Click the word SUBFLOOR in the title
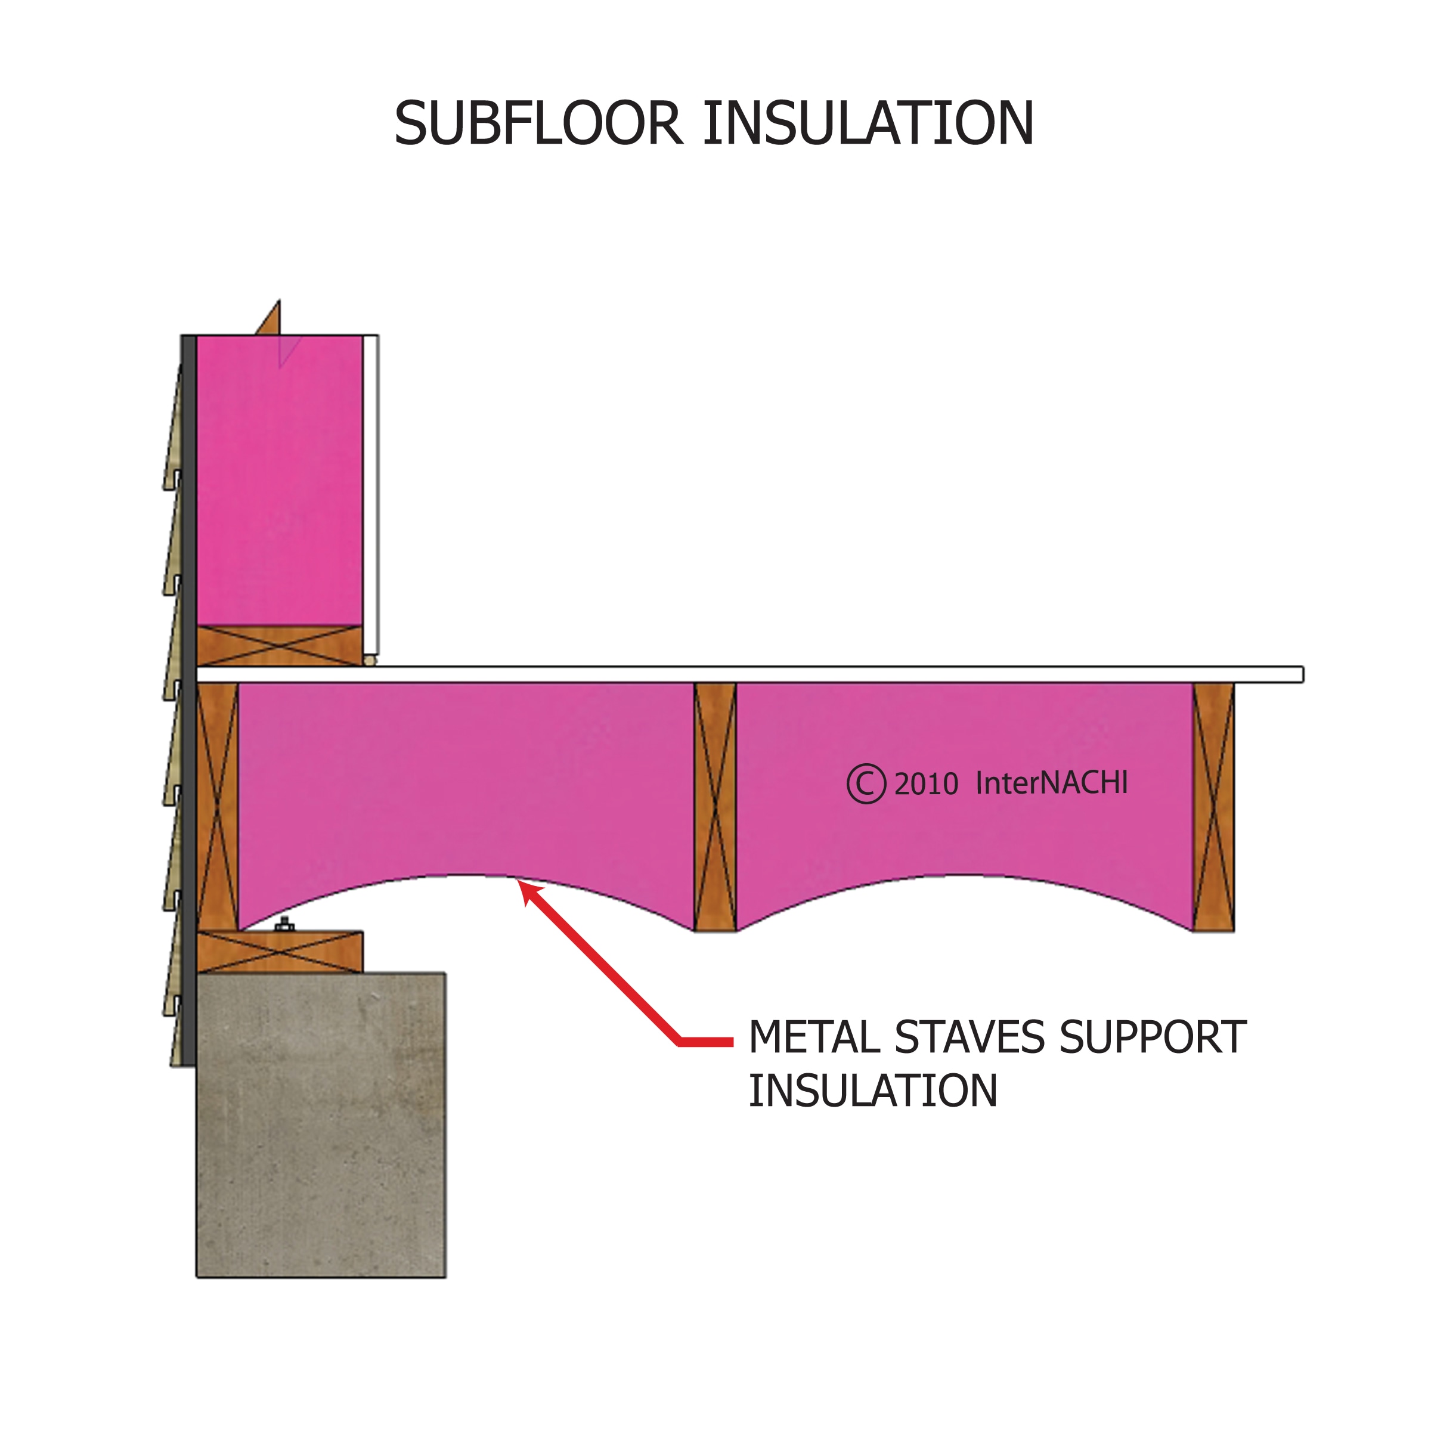pyautogui.click(x=537, y=123)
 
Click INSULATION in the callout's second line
pyautogui.click(x=872, y=1091)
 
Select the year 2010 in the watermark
pyautogui.click(x=926, y=785)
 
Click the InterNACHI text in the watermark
pyautogui.click(x=1051, y=783)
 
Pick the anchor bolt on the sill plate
pyautogui.click(x=284, y=924)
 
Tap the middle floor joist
pyautogui.click(x=715, y=807)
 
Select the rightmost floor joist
pyautogui.click(x=1213, y=807)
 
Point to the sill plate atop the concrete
pyautogui.click(x=280, y=953)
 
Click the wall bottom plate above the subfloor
pyautogui.click(x=279, y=646)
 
